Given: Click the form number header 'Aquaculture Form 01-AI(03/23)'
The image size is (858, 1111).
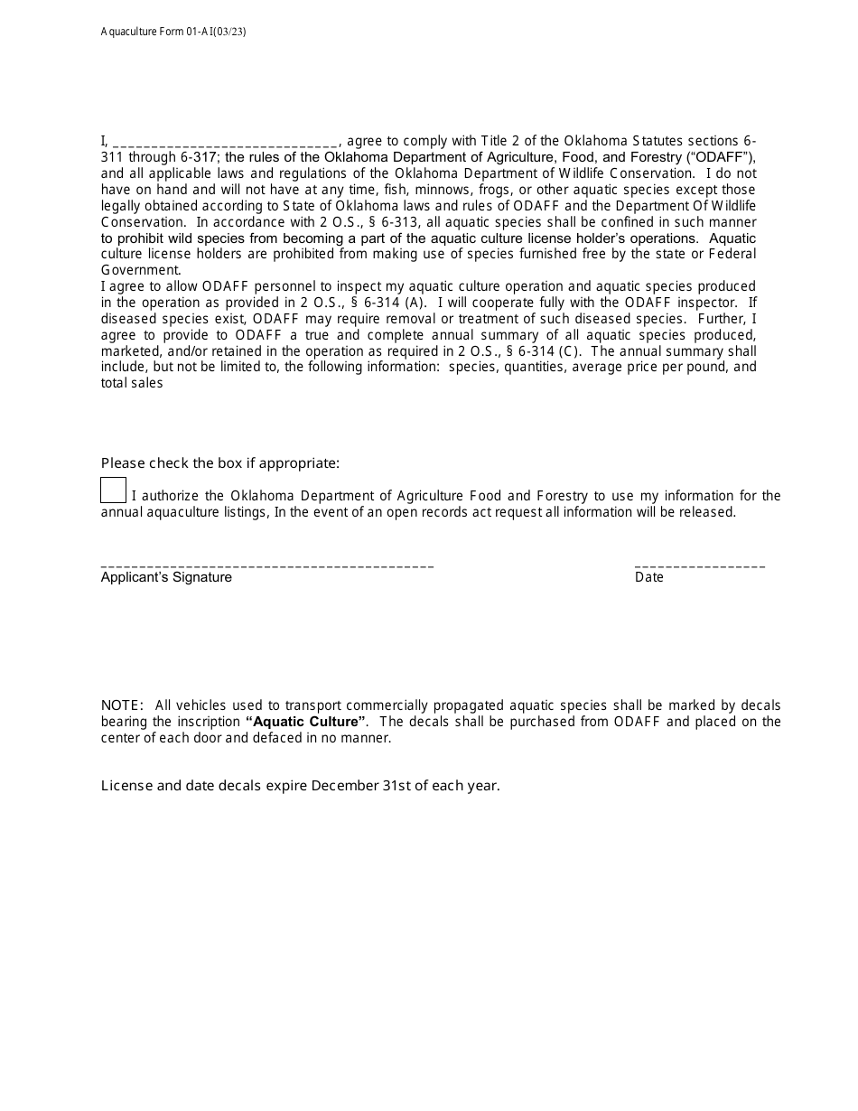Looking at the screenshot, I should (x=173, y=32).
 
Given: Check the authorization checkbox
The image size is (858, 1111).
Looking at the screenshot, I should (x=113, y=490).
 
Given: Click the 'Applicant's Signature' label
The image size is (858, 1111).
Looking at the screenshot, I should (x=166, y=577).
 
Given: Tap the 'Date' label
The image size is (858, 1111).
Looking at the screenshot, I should (x=648, y=577).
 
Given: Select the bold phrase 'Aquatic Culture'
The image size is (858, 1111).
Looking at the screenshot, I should (x=306, y=722).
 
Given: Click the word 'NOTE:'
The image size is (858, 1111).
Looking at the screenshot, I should (x=122, y=705).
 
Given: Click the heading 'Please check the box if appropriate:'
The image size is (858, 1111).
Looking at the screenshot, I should (x=220, y=463).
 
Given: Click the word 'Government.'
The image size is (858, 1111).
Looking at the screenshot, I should (x=141, y=270).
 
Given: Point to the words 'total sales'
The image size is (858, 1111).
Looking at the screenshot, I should (x=132, y=383).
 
